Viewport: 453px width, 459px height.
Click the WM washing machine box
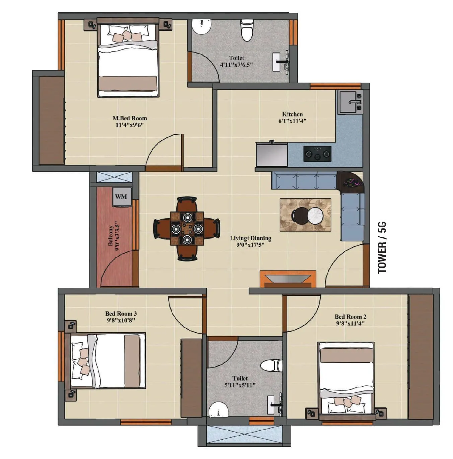tap(121, 197)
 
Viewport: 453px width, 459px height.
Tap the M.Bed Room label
tap(130, 118)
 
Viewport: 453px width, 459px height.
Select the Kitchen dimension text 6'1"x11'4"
tap(292, 121)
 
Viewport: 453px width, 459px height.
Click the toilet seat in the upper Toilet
tap(247, 30)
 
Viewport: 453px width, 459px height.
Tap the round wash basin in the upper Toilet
tap(201, 27)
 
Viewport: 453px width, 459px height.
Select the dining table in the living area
tap(187, 229)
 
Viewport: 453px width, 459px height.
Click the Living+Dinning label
tap(250, 238)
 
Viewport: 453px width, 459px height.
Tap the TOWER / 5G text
tap(382, 247)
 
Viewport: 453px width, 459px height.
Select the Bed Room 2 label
tap(350, 317)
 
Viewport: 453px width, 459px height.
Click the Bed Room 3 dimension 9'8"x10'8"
tap(121, 320)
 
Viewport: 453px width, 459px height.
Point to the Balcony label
tap(111, 236)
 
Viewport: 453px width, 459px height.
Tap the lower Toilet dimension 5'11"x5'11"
tap(240, 385)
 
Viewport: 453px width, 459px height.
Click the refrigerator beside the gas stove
tap(272, 155)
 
